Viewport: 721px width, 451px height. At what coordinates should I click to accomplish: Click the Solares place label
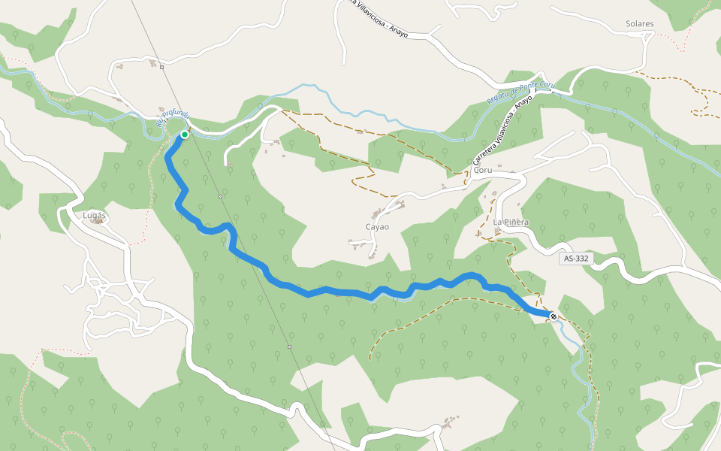(639, 24)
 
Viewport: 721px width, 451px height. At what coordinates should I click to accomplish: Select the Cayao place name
(377, 226)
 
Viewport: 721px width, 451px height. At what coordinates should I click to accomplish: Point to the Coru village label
(482, 170)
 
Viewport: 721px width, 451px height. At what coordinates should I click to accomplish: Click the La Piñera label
(511, 222)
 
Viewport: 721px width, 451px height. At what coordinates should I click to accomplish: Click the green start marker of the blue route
(184, 135)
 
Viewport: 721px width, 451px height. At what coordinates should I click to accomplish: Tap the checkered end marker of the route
(554, 316)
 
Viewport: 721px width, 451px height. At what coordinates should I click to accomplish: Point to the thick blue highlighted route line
(338, 291)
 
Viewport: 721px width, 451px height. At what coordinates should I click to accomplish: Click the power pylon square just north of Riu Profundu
(161, 68)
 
